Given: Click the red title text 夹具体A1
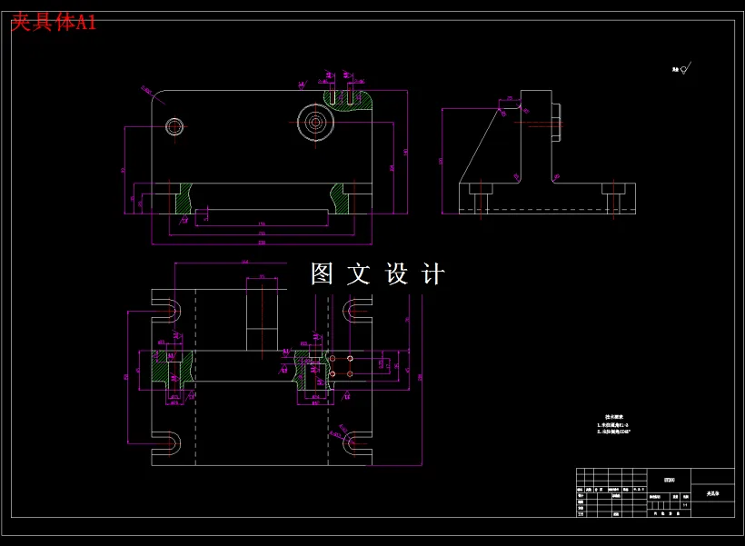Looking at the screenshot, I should (x=53, y=23).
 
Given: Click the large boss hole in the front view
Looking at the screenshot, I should (x=315, y=121).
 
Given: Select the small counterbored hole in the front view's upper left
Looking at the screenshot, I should (x=174, y=125).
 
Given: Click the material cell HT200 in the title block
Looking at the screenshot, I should (x=670, y=478).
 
